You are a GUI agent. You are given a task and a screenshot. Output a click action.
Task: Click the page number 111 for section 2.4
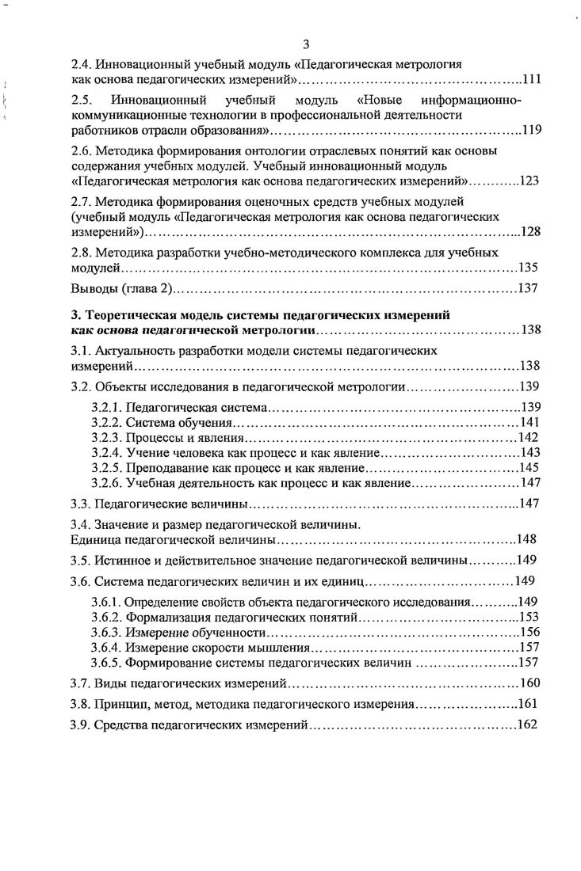pos(530,81)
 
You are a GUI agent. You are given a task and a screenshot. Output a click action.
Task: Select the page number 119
pos(531,131)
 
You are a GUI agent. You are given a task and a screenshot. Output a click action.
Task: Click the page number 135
pos(529,267)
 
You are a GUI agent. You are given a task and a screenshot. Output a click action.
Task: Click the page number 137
pos(529,287)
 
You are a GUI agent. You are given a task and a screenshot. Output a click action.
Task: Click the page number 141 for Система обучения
pos(529,423)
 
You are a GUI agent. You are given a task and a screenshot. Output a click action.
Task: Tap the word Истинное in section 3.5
pos(120,561)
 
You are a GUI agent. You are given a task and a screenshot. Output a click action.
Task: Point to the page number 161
pos(528,704)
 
